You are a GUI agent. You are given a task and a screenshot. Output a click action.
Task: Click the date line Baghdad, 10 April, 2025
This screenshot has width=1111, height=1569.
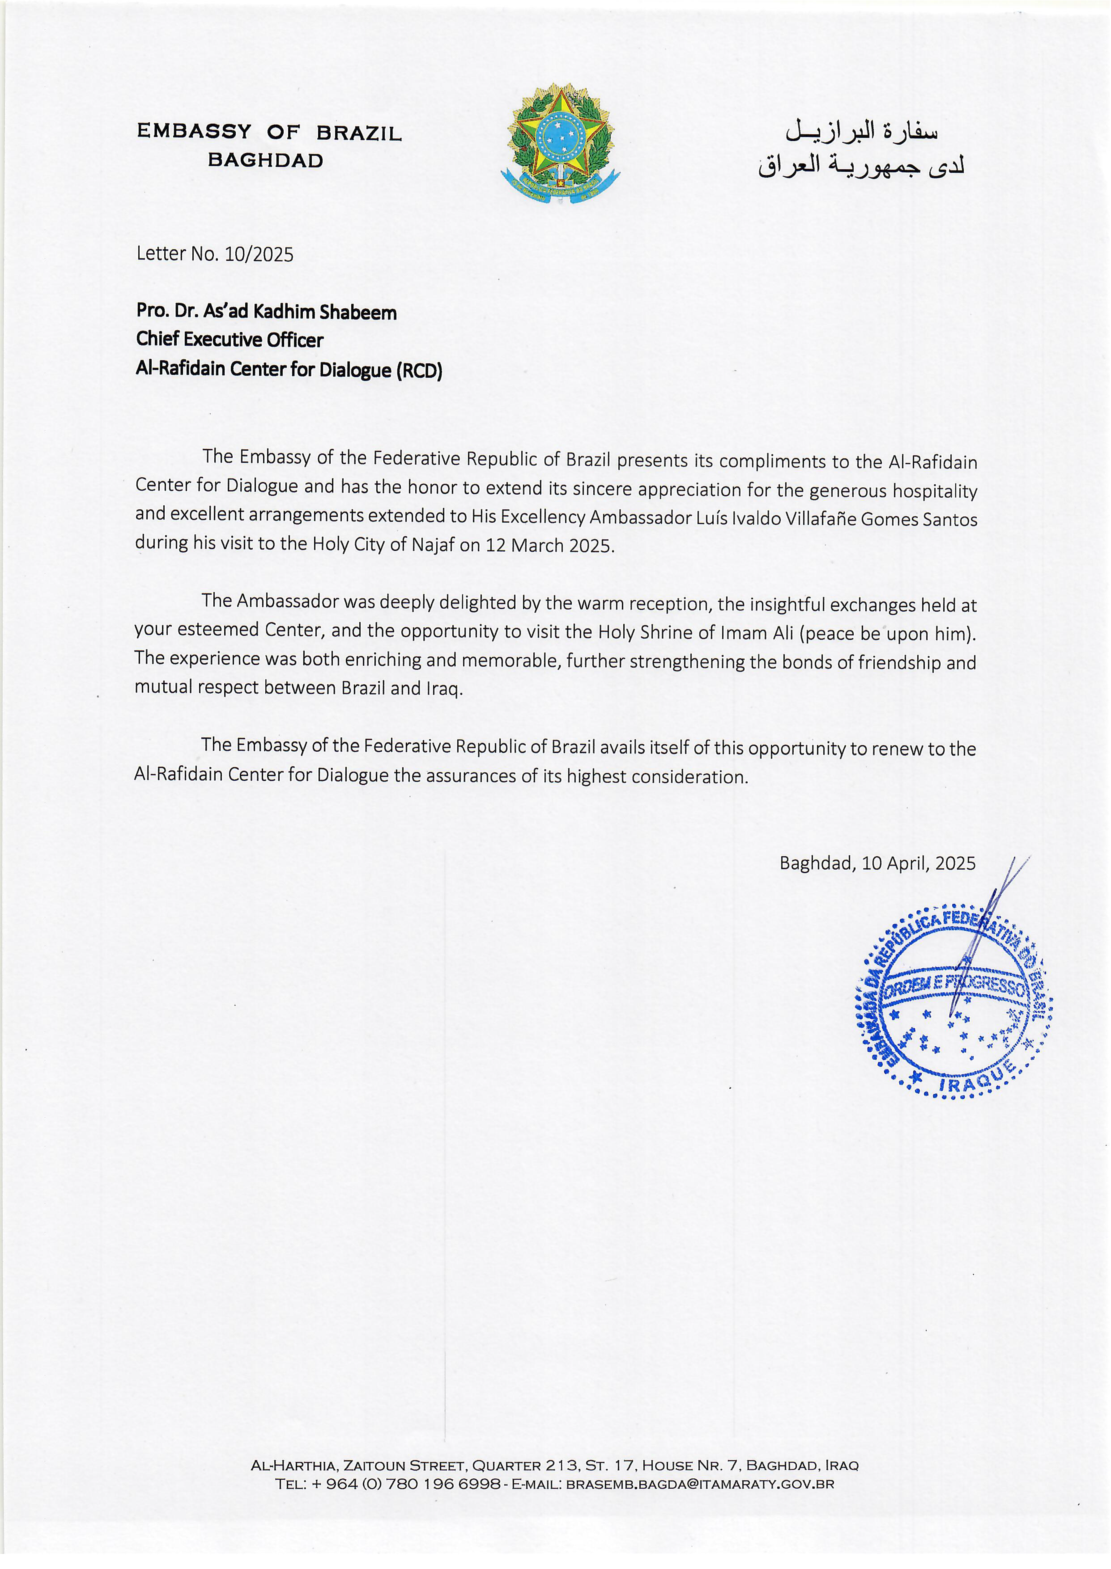(877, 863)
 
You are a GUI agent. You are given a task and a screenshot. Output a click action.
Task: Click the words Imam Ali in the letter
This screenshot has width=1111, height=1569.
(757, 633)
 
